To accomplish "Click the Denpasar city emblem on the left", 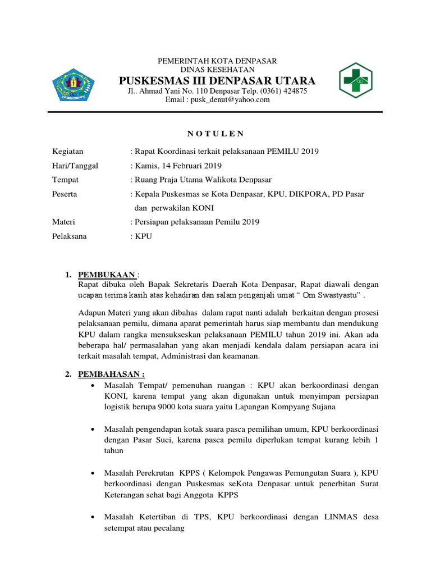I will coord(72,85).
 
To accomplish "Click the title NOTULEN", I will coord(215,133).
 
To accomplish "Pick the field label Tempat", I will coord(66,180).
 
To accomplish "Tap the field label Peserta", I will coord(65,194).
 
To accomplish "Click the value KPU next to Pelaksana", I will coord(143,236).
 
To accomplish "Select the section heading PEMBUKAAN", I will coord(107,275).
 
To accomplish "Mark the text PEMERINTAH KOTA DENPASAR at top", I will coord(215,60).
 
